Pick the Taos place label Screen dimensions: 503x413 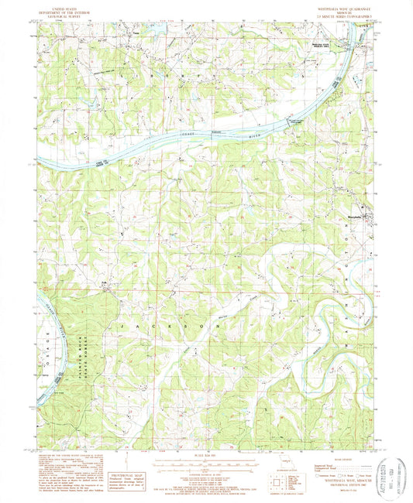point(135,33)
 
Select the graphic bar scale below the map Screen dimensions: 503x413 point(206,463)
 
